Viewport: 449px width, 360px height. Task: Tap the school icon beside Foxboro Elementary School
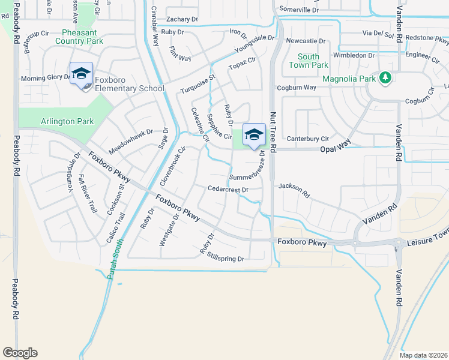click(x=81, y=75)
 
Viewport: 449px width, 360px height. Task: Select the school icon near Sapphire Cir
click(x=254, y=135)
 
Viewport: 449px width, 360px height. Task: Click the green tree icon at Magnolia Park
click(x=385, y=78)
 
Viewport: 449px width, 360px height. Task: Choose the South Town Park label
click(x=309, y=61)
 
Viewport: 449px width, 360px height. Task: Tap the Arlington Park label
click(x=67, y=121)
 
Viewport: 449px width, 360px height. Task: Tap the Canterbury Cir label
click(x=308, y=139)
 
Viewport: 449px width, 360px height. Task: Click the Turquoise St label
click(x=197, y=85)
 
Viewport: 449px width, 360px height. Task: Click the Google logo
click(x=20, y=353)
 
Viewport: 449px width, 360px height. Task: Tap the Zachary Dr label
click(x=182, y=19)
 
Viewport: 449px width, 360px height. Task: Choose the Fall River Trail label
click(x=88, y=199)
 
